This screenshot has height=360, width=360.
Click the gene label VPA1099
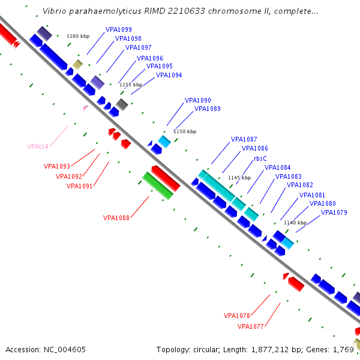pos(119,29)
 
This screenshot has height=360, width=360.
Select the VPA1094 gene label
pos(169,75)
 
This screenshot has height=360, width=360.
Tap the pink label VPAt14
pos(38,146)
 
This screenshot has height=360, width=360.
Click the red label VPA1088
pos(116,218)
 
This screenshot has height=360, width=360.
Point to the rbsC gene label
pos(260,158)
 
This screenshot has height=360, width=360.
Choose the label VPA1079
pos(334,212)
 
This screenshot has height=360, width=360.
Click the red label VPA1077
pos(251,326)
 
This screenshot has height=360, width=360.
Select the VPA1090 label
pos(197,100)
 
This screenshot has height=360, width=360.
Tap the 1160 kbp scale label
pos(77,37)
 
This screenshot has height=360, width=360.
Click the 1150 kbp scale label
pos(185,131)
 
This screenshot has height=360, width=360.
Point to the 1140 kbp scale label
pos(295,223)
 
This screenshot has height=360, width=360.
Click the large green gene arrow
pos(158,185)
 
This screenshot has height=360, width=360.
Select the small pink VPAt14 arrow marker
pos(86,108)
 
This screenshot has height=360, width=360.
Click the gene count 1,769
pos(343,349)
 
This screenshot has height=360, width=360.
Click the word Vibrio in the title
pos(55,11)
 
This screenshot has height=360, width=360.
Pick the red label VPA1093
pos(57,167)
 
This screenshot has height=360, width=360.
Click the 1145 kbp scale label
pos(239,178)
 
